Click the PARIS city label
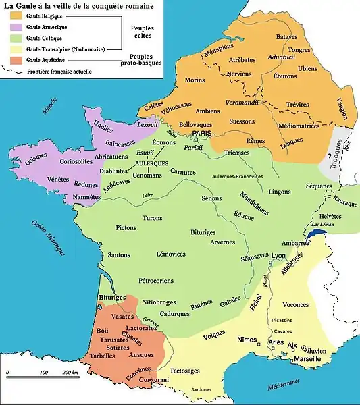coord(202,134)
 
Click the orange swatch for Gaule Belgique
coord(12,14)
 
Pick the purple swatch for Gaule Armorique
coord(12,26)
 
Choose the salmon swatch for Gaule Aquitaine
coord(12,60)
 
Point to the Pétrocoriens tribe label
coord(161,277)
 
